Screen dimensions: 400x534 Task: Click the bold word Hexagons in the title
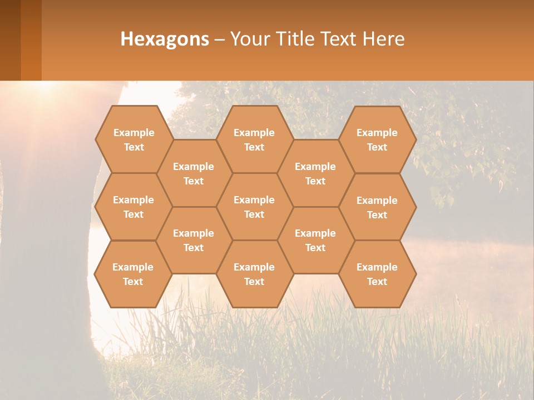click(x=165, y=39)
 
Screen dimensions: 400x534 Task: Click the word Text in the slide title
click(x=339, y=39)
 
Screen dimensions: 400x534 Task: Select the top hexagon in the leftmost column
click(x=133, y=139)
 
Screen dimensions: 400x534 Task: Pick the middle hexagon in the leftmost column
click(x=133, y=207)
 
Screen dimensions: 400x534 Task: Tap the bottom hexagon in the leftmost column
click(x=133, y=274)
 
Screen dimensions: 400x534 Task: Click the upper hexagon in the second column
click(x=194, y=173)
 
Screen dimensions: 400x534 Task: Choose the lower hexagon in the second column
click(x=194, y=240)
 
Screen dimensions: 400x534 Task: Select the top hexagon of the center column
click(x=254, y=139)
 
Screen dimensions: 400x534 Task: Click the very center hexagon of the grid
click(x=254, y=207)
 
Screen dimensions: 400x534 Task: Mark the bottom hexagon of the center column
click(x=254, y=274)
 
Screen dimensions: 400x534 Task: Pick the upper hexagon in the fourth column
click(x=315, y=173)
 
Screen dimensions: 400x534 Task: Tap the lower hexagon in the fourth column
click(x=315, y=240)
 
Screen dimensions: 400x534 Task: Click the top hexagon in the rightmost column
click(x=377, y=139)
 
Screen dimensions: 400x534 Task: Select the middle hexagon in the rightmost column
click(x=377, y=207)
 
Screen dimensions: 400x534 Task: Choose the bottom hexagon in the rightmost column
click(x=377, y=274)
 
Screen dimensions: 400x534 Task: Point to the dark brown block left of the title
click(x=10, y=40)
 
